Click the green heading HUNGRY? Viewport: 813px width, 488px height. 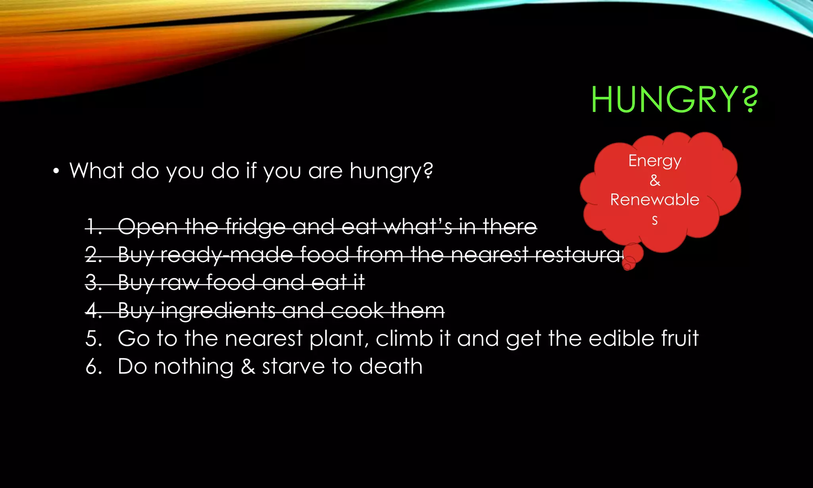tap(674, 99)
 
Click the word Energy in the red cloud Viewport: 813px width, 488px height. tap(655, 161)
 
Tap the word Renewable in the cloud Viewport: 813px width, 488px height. tap(655, 199)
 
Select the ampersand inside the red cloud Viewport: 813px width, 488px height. tap(655, 180)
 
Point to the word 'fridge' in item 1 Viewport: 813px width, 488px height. tap(255, 227)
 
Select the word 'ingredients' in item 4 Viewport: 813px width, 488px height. tap(218, 311)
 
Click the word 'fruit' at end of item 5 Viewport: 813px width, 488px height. tap(679, 338)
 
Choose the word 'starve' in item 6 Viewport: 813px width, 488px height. tap(293, 366)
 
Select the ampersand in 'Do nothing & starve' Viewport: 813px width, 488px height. tap(248, 366)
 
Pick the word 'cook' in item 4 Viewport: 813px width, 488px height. tap(357, 311)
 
